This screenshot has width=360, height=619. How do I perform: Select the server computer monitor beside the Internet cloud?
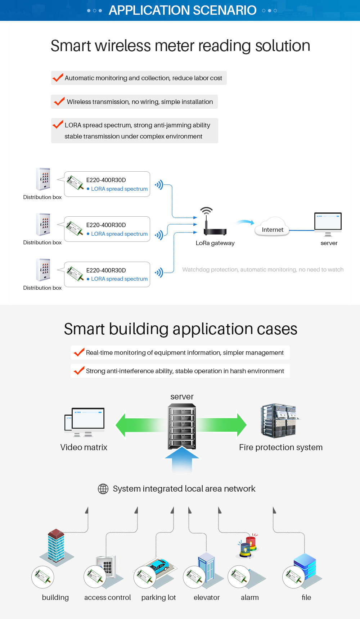tap(328, 222)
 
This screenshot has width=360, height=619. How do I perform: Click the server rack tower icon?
tap(182, 426)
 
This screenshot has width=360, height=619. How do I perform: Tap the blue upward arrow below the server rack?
tap(182, 459)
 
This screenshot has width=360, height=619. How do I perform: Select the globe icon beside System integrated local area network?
tap(103, 489)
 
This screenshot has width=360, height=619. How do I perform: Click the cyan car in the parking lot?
tap(160, 565)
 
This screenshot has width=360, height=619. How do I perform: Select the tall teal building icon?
tap(56, 545)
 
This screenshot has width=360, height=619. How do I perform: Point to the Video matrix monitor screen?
tap(88, 418)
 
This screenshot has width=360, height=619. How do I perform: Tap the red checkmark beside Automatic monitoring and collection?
tap(58, 77)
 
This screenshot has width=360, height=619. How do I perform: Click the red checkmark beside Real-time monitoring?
tap(79, 352)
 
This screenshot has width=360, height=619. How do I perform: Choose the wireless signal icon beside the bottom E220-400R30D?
tap(159, 272)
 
